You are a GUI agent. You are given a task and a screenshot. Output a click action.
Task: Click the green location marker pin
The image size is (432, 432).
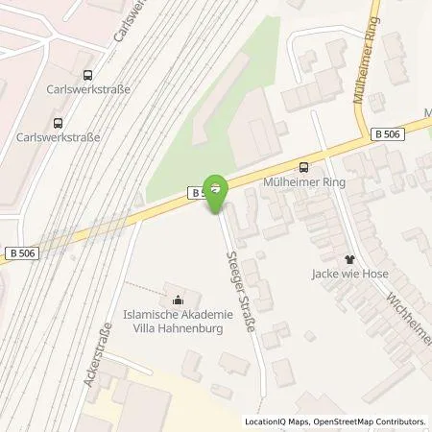tap(218, 188)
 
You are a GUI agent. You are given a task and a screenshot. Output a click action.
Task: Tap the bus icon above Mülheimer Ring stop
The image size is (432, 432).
tap(304, 165)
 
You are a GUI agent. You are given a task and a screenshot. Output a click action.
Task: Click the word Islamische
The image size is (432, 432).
tap(151, 311)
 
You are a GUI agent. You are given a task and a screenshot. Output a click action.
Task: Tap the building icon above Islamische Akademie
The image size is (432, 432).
tap(175, 295)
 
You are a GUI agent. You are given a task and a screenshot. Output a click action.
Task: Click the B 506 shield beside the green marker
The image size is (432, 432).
tap(198, 193)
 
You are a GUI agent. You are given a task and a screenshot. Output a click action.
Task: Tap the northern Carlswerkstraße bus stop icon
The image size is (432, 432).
tap(88, 74)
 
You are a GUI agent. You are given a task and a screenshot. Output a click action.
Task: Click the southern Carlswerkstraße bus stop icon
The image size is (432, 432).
tap(59, 122)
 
